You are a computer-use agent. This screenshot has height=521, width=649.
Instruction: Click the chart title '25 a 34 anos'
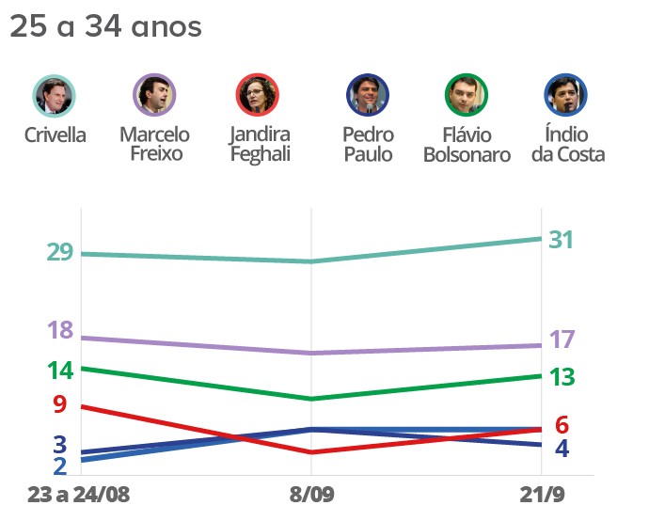pyautogui.click(x=105, y=27)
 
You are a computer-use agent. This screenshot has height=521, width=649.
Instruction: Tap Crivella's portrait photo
pyautogui.click(x=55, y=95)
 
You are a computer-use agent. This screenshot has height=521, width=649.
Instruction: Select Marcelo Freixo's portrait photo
pyautogui.click(x=154, y=95)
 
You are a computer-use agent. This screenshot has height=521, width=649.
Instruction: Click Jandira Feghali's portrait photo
pyautogui.click(x=257, y=95)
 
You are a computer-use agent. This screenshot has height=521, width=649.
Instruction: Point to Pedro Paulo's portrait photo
pyautogui.click(x=368, y=95)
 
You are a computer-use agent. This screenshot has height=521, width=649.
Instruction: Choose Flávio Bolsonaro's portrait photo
pyautogui.click(x=466, y=95)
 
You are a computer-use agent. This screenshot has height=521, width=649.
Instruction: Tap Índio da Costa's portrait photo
pyautogui.click(x=566, y=95)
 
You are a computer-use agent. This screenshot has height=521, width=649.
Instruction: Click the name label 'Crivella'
pyautogui.click(x=55, y=134)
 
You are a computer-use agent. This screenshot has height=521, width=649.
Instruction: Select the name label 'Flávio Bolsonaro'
pyautogui.click(x=466, y=145)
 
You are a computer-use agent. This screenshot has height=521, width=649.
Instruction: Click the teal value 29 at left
pyautogui.click(x=59, y=253)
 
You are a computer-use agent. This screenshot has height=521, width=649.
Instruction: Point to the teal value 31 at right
pyautogui.click(x=562, y=240)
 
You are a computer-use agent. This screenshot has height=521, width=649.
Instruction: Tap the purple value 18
pyautogui.click(x=59, y=330)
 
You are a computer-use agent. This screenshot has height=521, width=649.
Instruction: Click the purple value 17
pyautogui.click(x=562, y=339)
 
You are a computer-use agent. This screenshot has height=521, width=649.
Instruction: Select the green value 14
pyautogui.click(x=59, y=370)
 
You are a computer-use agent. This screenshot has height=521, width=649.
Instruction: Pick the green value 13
pyautogui.click(x=562, y=377)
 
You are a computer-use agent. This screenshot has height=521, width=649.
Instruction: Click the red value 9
pyautogui.click(x=59, y=405)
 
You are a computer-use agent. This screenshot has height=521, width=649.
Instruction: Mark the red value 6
pyautogui.click(x=562, y=424)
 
